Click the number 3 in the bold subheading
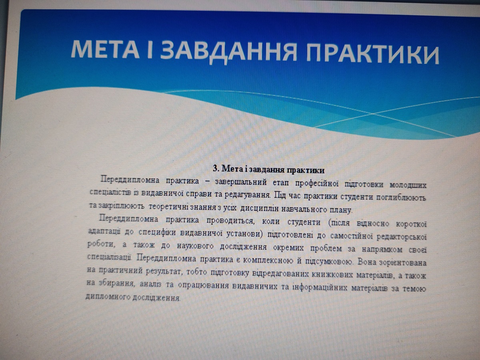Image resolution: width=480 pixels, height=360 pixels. coord(215,168)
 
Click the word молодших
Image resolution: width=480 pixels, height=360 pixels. coord(408,185)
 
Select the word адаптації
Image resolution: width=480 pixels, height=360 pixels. coord(104,232)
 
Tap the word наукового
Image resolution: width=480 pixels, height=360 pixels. coord(195,246)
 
